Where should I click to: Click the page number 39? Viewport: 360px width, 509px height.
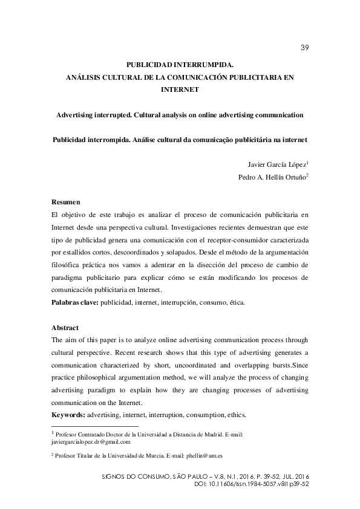(304, 48)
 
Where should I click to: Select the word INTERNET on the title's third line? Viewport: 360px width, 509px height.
(180, 88)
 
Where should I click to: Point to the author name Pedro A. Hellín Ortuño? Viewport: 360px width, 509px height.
(273, 177)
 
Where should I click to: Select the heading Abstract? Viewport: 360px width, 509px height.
(65, 327)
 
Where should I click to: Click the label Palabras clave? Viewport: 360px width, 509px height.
(75, 302)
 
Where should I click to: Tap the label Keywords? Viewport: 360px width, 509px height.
(68, 415)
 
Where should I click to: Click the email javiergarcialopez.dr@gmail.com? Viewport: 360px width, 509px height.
(91, 441)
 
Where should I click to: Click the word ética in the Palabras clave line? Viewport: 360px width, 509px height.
(235, 302)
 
